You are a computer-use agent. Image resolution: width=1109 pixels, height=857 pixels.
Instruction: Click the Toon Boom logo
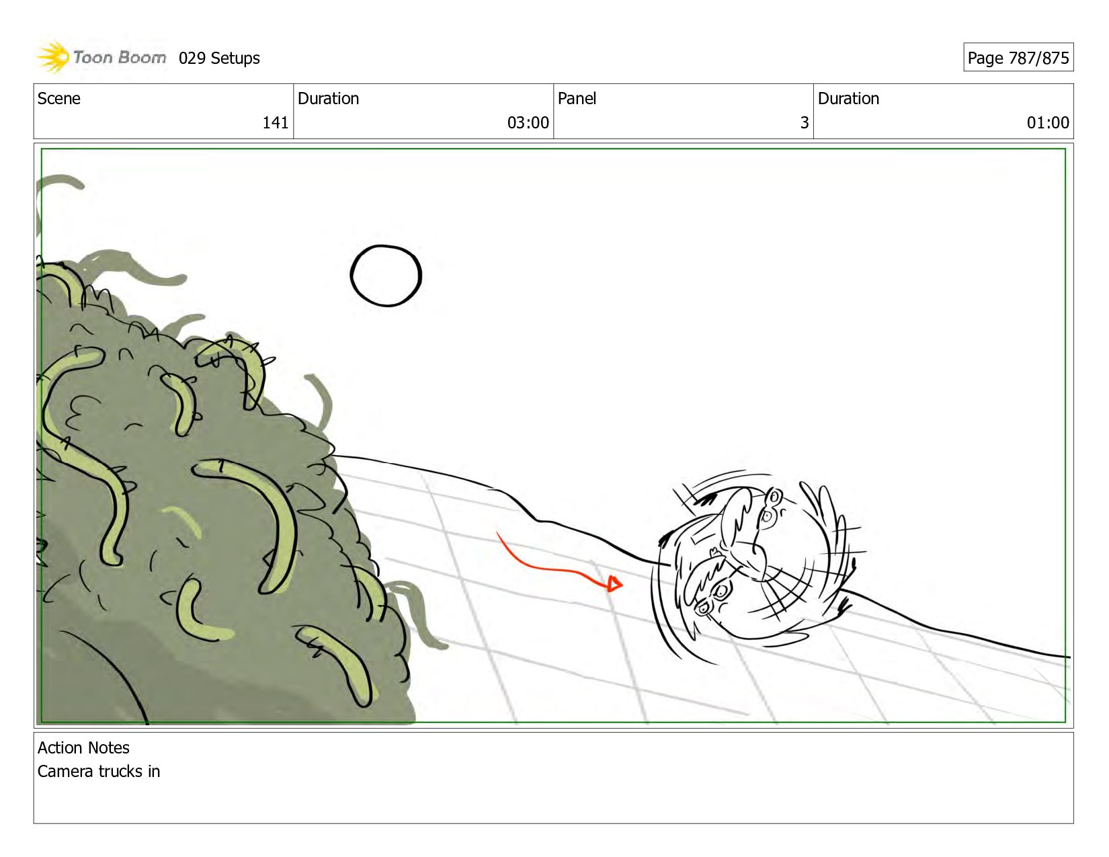[x=101, y=57]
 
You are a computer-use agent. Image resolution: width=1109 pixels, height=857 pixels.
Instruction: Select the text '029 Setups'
[x=219, y=58]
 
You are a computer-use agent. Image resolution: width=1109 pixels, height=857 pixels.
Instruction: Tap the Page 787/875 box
[x=1018, y=58]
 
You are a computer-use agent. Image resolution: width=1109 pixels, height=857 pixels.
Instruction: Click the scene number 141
[x=275, y=122]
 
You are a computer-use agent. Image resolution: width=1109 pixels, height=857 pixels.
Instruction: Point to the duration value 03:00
[x=528, y=122]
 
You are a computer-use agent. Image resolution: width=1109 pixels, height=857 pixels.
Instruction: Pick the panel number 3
[x=805, y=122]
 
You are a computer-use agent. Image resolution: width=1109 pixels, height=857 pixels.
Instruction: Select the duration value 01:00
[x=1048, y=122]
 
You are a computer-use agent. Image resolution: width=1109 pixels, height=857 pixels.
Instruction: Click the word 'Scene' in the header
[x=58, y=99]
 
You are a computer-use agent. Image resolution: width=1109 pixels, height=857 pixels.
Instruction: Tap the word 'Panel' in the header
[x=577, y=99]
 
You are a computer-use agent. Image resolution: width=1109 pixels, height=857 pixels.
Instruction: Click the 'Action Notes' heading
[x=83, y=747]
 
